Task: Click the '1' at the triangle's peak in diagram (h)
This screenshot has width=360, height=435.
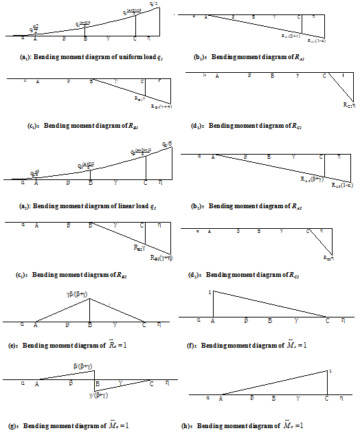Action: (x=330, y=371)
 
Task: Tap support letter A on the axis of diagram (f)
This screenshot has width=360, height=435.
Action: (x=213, y=320)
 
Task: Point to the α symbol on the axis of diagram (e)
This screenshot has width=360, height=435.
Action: (x=23, y=324)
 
